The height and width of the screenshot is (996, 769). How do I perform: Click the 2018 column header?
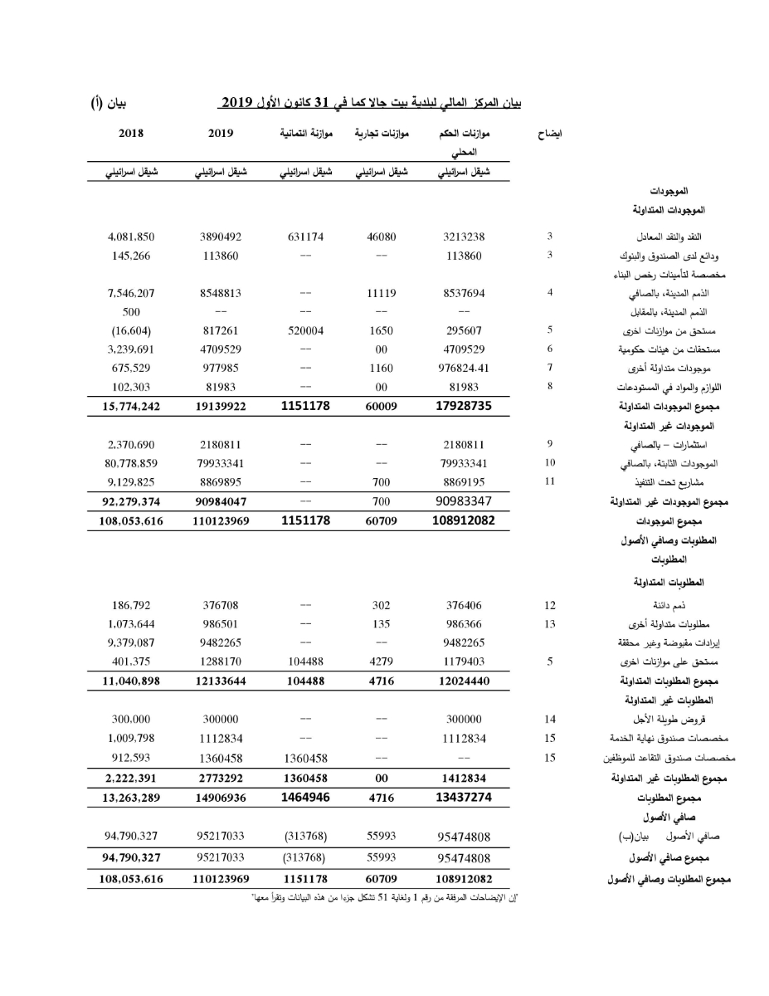[x=132, y=133]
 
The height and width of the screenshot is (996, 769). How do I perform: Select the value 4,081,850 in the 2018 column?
[x=132, y=237]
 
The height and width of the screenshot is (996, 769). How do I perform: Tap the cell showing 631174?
[x=305, y=237]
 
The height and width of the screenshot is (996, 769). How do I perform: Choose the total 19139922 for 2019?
[x=221, y=407]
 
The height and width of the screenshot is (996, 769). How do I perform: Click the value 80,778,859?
[x=132, y=463]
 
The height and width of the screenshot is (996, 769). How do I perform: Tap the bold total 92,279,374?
[x=132, y=501]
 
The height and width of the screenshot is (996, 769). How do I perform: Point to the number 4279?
[x=381, y=662]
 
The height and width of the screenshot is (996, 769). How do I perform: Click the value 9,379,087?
[x=132, y=642]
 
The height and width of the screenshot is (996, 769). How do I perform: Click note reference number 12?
[x=550, y=605]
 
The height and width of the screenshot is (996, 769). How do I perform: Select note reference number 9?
[x=550, y=444]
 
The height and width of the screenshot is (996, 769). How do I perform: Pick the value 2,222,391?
[x=132, y=779]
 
